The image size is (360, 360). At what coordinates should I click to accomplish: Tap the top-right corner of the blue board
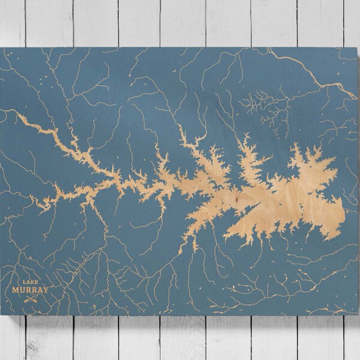pos(358,48)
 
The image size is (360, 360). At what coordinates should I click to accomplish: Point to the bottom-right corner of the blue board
pos(358,314)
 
